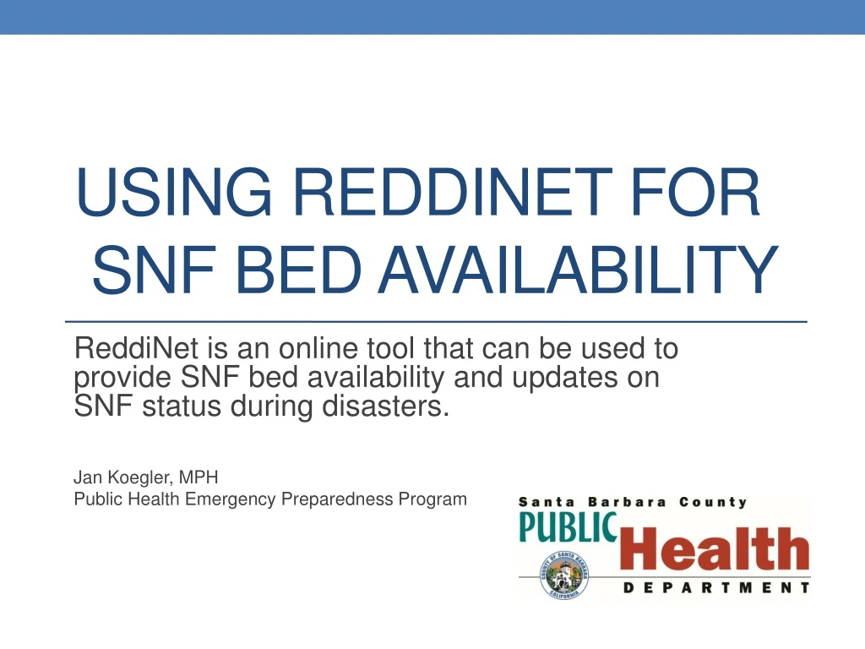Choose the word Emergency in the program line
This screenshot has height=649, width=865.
tap(230, 499)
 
